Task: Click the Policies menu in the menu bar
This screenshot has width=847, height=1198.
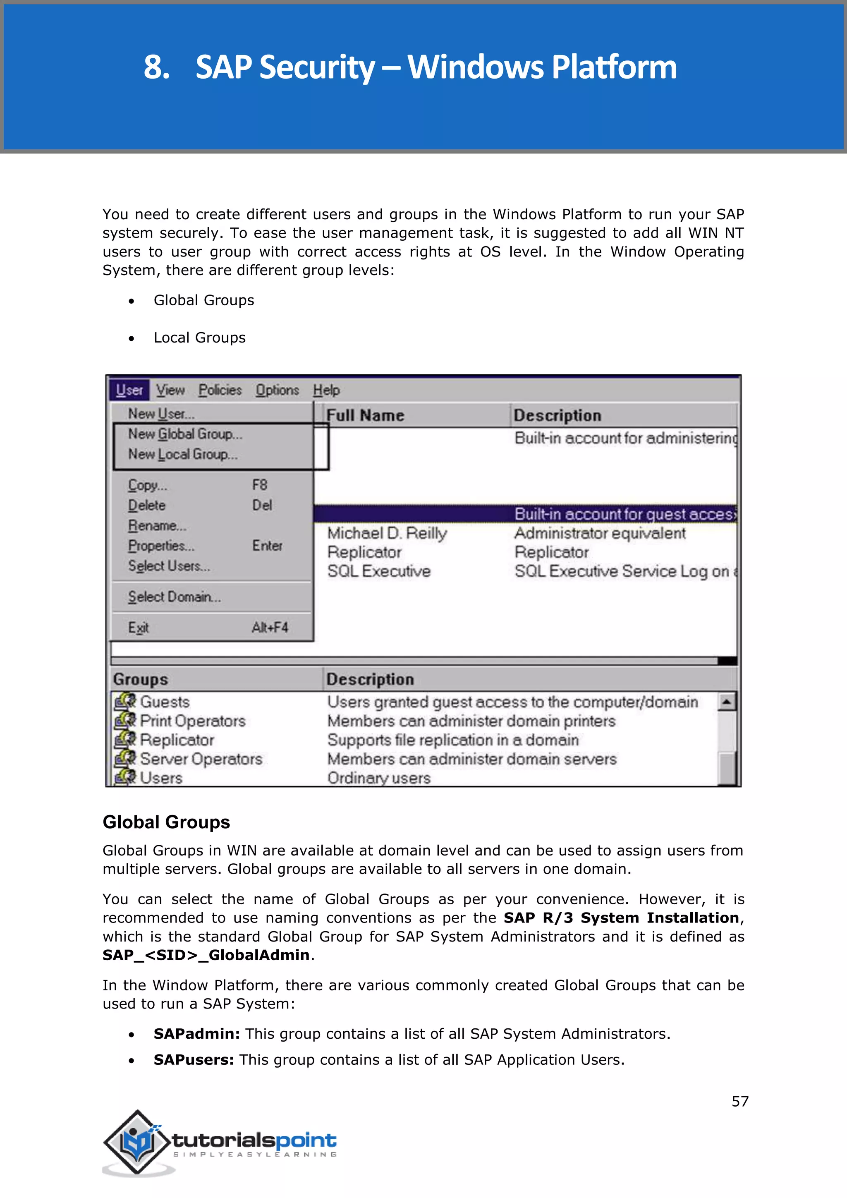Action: point(220,390)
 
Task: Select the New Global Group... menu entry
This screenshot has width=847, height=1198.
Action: point(185,434)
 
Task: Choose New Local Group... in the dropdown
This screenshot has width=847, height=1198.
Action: point(182,455)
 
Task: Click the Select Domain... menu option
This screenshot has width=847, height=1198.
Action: point(174,597)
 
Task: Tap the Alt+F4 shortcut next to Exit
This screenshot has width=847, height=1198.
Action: point(270,627)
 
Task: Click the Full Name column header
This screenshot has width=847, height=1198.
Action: point(365,415)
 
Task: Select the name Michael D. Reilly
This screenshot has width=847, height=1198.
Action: point(387,533)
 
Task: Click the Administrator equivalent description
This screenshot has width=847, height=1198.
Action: point(600,533)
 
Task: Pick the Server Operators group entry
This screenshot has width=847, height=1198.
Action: point(201,759)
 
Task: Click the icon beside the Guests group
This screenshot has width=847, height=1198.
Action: point(125,702)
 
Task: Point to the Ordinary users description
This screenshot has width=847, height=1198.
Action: point(379,778)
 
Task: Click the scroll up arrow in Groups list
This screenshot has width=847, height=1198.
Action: point(727,702)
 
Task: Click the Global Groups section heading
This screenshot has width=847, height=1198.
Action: point(166,822)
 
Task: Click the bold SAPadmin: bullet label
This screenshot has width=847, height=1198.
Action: point(196,1034)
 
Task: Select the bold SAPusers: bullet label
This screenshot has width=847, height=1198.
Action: point(194,1060)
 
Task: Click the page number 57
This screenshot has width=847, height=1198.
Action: point(739,1102)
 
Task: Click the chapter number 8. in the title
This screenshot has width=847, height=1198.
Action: point(156,67)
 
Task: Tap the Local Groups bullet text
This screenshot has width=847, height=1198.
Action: point(199,338)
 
